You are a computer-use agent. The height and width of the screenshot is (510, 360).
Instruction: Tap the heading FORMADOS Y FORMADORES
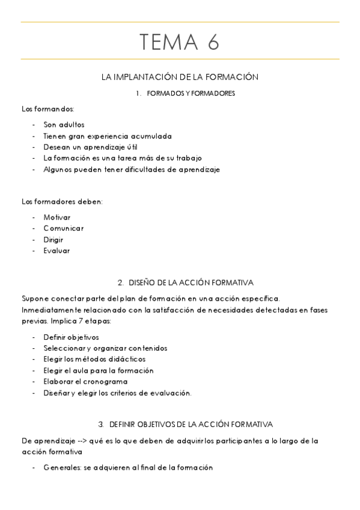[x=191, y=93]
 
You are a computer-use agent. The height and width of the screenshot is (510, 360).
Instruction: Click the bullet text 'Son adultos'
[x=64, y=124]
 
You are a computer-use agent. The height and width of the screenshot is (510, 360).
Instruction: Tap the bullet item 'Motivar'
[x=56, y=217]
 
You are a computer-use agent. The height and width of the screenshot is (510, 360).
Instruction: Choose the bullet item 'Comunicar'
[x=63, y=229]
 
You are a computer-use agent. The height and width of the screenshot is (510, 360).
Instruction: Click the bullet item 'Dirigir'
[x=53, y=239]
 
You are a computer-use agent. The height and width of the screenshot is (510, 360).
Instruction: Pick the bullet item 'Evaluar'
[x=56, y=251]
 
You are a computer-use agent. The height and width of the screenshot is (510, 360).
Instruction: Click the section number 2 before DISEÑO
[x=120, y=282]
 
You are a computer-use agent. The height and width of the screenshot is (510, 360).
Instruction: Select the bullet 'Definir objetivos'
[x=71, y=337]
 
